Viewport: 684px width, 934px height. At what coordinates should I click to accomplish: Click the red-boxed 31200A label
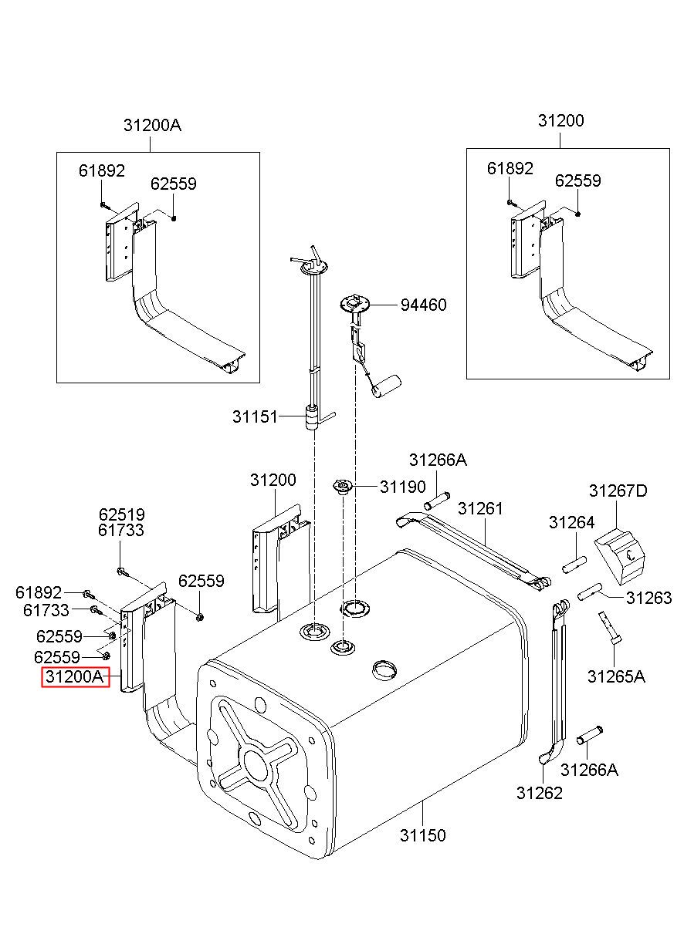coord(74,678)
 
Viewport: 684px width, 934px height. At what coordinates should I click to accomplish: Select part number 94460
coord(423,305)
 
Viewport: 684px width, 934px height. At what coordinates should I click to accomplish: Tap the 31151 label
coord(254,416)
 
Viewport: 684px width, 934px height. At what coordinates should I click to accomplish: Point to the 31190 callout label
coord(401,487)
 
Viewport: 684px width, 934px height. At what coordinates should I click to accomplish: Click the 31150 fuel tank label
coord(422,835)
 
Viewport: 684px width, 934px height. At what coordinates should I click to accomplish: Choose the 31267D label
coord(618,491)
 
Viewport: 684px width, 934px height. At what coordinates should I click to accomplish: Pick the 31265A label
coord(616,676)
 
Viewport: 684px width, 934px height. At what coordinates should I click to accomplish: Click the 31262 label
coord(540,792)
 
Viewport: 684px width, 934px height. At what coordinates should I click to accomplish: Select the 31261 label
coord(479,508)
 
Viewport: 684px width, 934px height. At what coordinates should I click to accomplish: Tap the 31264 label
coord(571,522)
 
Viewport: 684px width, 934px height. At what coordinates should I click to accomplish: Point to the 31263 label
coord(648,598)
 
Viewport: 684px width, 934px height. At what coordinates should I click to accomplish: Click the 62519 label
coord(121,514)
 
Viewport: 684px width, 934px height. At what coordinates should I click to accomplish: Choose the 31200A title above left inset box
coord(152,125)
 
